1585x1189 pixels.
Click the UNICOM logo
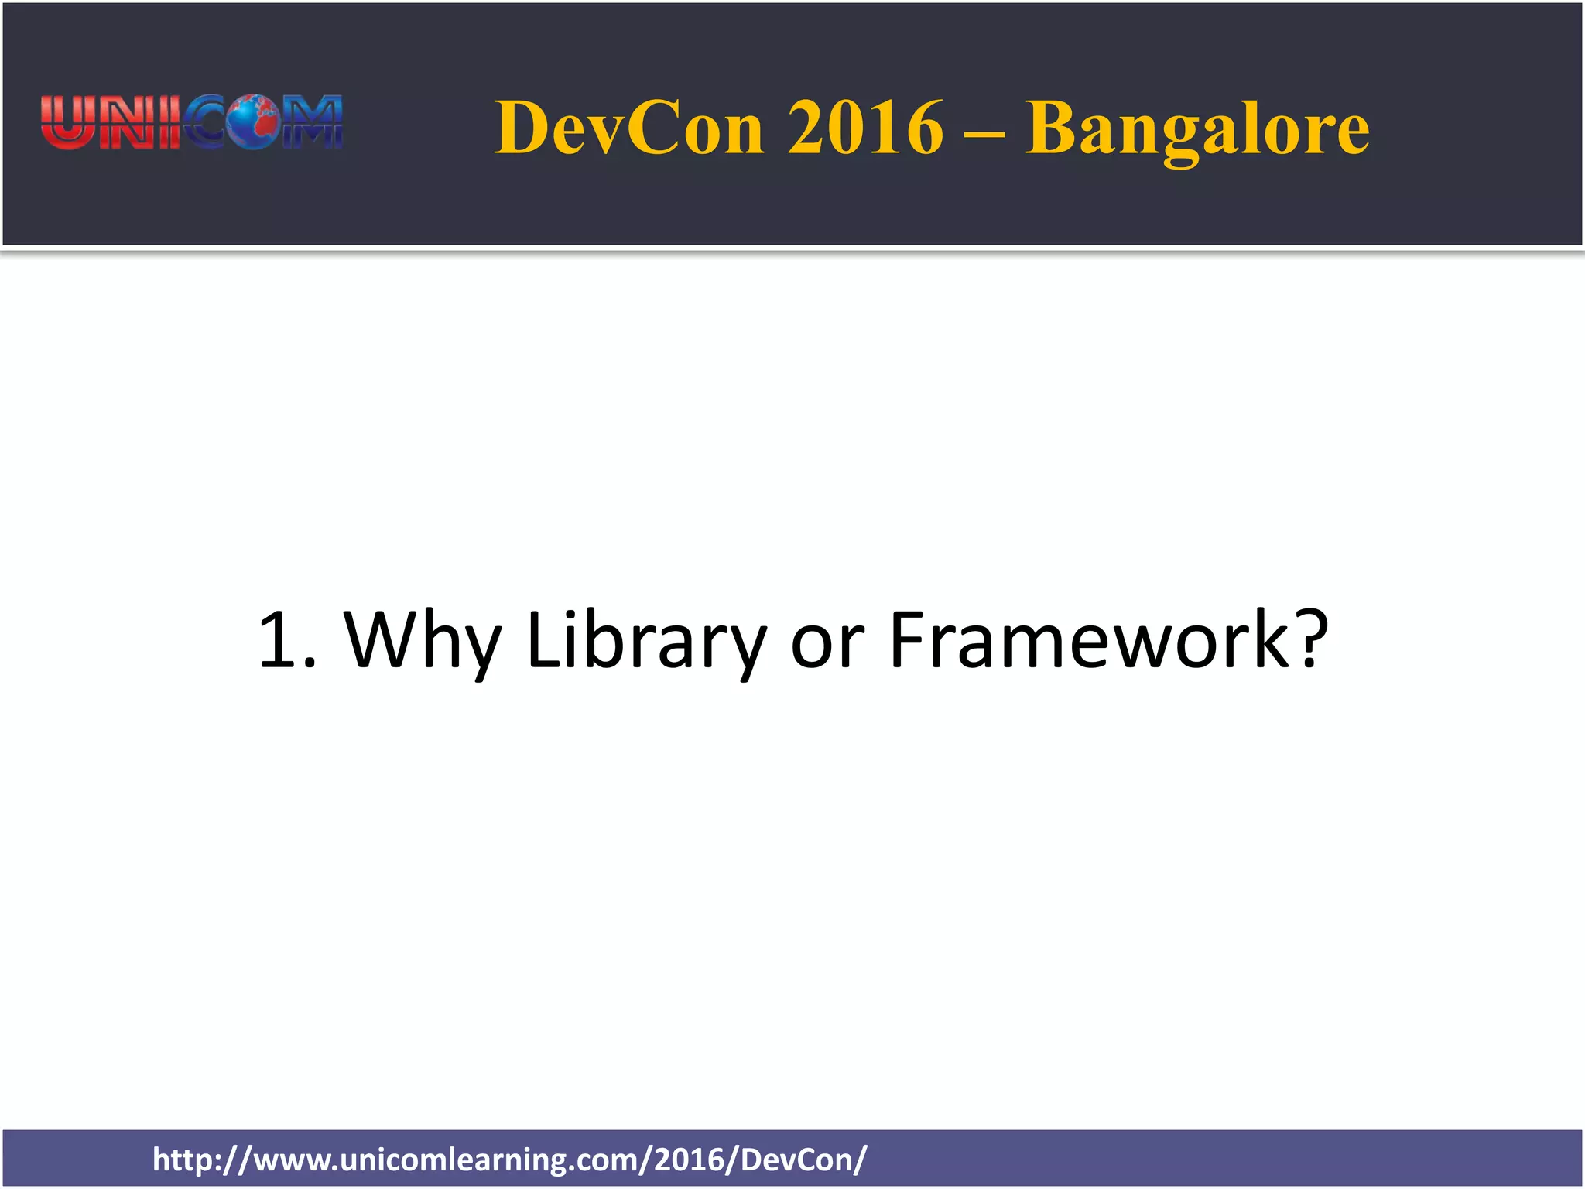point(191,122)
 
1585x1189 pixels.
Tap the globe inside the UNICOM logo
point(252,122)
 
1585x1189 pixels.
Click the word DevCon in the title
point(629,128)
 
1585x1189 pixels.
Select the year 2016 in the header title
point(865,128)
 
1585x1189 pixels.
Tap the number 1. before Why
point(287,640)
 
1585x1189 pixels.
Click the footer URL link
point(510,1160)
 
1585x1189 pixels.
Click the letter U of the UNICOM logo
point(67,122)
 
